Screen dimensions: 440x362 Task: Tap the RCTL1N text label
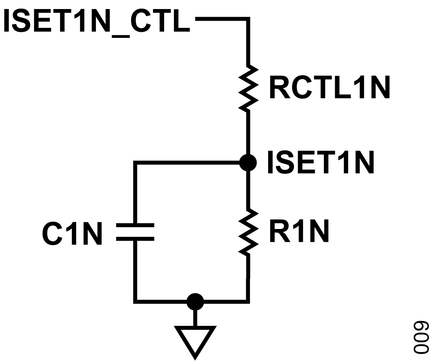tap(330, 87)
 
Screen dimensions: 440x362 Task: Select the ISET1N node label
tap(321, 162)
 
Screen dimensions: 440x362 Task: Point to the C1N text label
tap(72, 234)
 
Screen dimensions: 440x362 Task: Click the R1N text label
tap(299, 231)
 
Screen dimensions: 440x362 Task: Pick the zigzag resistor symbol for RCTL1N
tap(248, 88)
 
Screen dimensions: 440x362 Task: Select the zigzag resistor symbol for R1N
tap(248, 232)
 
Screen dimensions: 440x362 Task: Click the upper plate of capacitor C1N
tap(135, 225)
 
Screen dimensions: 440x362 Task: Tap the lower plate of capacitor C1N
tap(135, 239)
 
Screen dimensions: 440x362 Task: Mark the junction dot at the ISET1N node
tap(248, 162)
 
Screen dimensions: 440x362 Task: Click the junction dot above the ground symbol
tap(195, 302)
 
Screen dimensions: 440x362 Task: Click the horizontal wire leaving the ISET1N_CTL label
tap(222, 19)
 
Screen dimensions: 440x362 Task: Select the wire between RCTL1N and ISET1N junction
tap(248, 133)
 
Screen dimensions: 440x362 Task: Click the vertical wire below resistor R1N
tap(248, 278)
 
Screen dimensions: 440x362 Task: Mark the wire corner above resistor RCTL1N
tap(248, 19)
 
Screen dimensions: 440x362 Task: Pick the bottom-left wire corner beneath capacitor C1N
tap(135, 302)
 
